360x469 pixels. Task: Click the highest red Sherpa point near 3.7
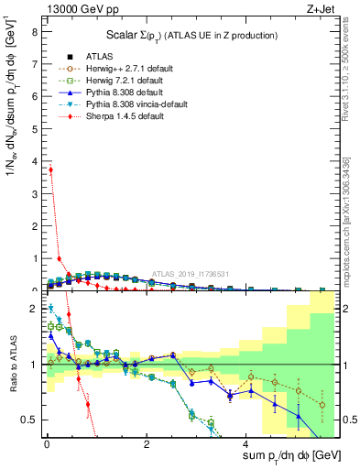pyautogui.click(x=50, y=169)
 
